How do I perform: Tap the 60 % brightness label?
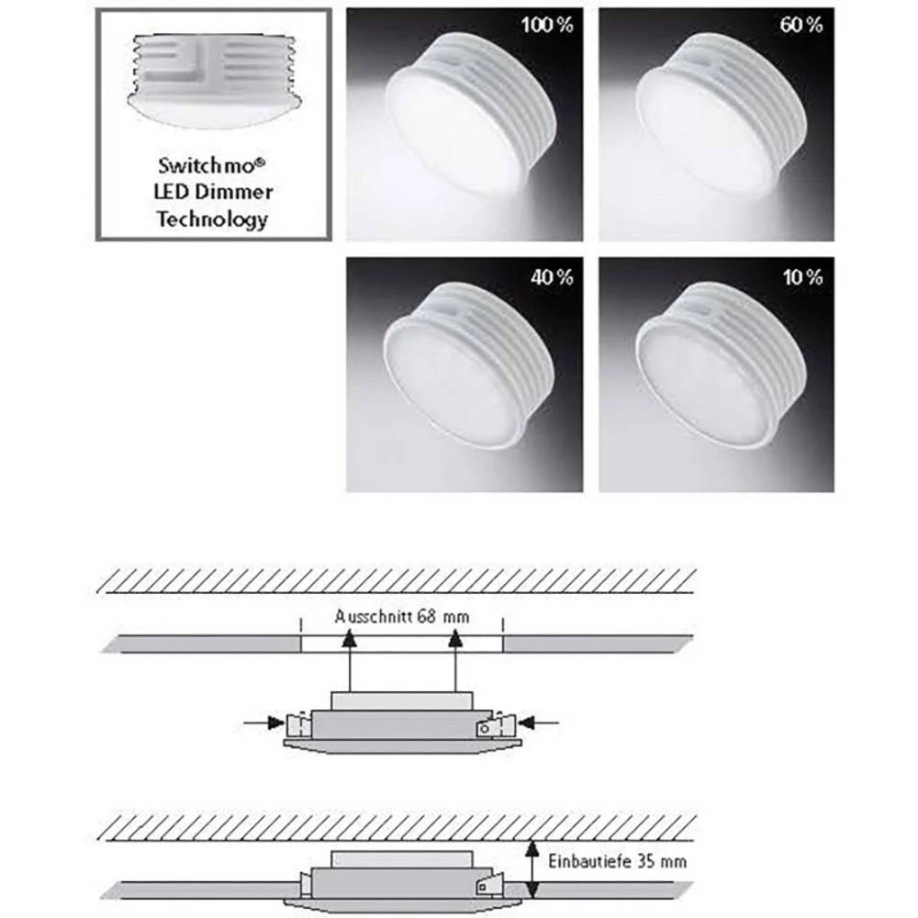point(801,26)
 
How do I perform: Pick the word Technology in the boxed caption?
point(212,219)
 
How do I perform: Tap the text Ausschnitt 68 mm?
point(401,617)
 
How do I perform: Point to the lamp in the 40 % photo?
point(468,367)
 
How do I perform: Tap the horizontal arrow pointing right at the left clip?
point(264,723)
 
